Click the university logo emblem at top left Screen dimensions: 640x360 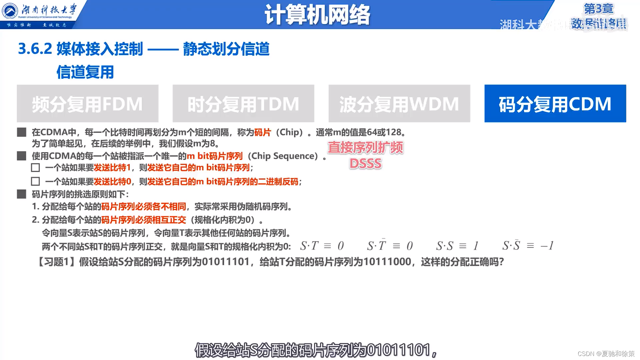pos(10,11)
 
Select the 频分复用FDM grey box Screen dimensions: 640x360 pos(87,104)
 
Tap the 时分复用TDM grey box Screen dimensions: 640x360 pos(243,104)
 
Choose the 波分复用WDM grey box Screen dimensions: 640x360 pos(399,104)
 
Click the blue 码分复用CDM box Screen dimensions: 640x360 pos(555,104)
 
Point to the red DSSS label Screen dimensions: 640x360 pos(365,164)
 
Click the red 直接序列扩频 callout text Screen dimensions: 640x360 pos(365,148)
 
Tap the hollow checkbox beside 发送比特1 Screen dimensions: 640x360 pos(35,168)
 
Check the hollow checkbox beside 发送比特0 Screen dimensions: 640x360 pos(35,182)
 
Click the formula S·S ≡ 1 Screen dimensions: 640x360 pos(457,246)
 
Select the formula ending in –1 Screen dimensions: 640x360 pos(528,246)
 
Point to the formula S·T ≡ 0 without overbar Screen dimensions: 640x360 pos(322,246)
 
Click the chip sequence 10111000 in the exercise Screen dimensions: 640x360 pos(387,262)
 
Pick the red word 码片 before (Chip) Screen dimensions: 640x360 pos(262,132)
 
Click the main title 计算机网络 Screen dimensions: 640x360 pos(317,15)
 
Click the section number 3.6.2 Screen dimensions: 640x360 pos(35,49)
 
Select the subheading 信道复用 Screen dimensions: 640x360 pos(85,72)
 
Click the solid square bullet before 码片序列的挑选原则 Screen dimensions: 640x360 pos(22,194)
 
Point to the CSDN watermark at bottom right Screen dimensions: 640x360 pos(606,354)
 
